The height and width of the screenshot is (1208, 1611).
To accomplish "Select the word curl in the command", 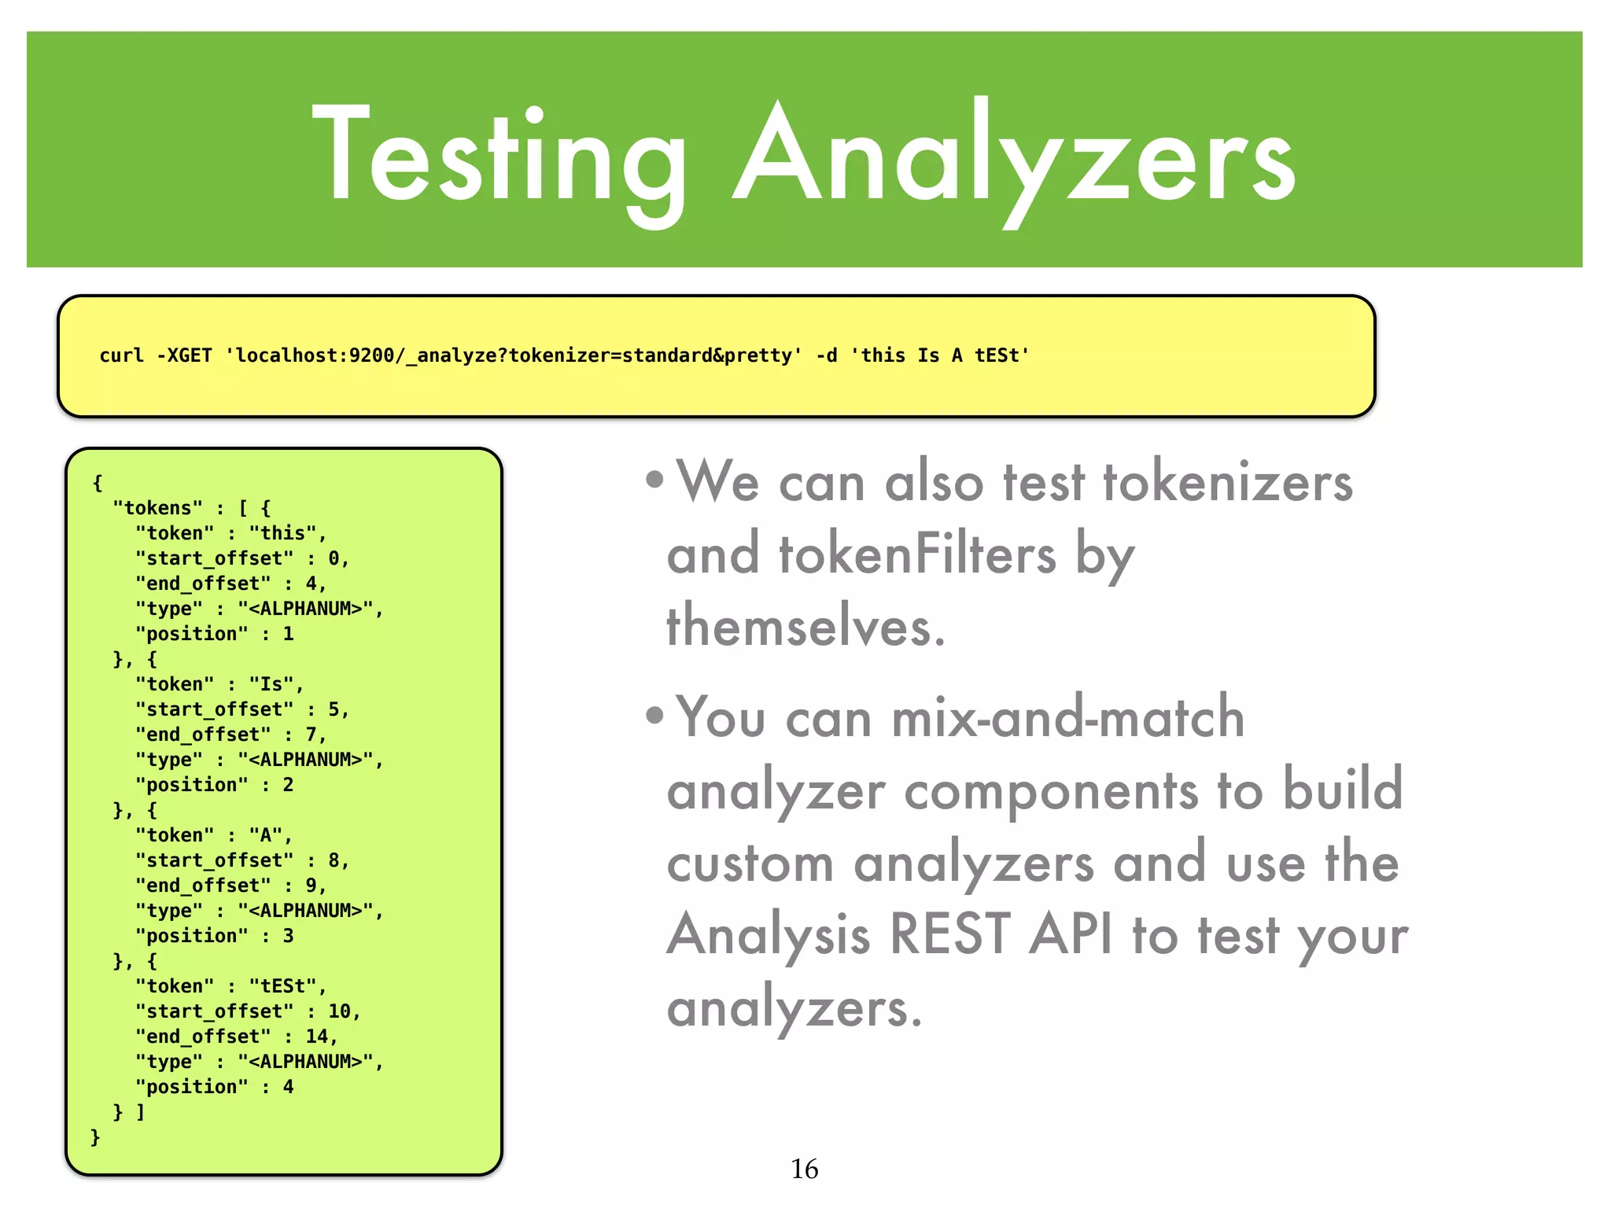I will pyautogui.click(x=121, y=355).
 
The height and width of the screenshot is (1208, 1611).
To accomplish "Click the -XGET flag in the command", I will pyautogui.click(x=184, y=355).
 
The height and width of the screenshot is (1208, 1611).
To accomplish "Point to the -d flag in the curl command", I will pyautogui.click(x=826, y=355).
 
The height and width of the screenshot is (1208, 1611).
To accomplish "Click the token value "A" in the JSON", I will pyautogui.click(x=266, y=835).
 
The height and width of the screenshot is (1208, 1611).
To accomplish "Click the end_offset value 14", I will pyautogui.click(x=316, y=1037).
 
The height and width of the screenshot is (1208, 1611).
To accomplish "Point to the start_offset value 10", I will pyautogui.click(x=339, y=1011).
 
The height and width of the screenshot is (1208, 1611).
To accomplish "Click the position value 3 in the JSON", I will pyautogui.click(x=288, y=936).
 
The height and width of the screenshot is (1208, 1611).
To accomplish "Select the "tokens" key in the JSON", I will pyautogui.click(x=157, y=508).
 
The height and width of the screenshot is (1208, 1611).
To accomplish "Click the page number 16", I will pyautogui.click(x=804, y=1169).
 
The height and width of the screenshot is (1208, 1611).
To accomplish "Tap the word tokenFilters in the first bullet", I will pyautogui.click(x=917, y=555).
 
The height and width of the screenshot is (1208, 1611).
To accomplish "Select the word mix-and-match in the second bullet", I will pyautogui.click(x=1067, y=717).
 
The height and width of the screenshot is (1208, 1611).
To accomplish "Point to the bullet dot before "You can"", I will pyautogui.click(x=654, y=716).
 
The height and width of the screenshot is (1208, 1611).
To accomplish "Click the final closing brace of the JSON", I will pyautogui.click(x=95, y=1137).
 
